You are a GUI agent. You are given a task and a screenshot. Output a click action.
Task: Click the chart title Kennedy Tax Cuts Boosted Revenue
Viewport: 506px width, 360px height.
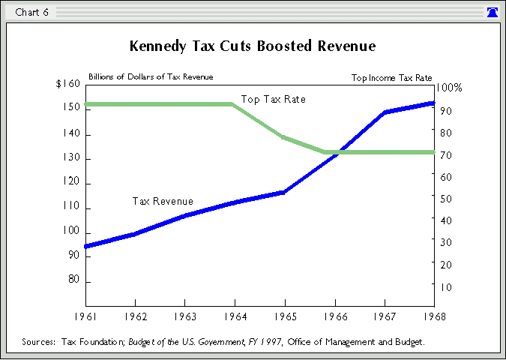pos(253,46)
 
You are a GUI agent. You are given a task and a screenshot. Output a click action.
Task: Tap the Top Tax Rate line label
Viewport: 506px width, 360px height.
pos(273,99)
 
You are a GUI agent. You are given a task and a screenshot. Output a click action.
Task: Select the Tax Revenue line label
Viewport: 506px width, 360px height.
pos(163,201)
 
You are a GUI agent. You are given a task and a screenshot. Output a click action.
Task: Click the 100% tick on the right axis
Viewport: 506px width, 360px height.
pos(449,88)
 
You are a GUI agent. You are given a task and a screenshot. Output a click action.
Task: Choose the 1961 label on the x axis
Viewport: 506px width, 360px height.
pos(85,315)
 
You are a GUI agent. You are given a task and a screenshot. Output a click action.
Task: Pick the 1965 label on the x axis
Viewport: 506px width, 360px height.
pos(285,315)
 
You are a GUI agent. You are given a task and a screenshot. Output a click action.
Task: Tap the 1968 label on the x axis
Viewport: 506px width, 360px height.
pos(434,315)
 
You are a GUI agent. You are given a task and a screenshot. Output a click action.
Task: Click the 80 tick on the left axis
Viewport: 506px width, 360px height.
pos(73,280)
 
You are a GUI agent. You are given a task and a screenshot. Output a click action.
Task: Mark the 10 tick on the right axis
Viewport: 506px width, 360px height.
pos(445,286)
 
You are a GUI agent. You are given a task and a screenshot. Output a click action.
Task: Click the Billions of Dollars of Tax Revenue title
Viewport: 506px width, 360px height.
pos(151,76)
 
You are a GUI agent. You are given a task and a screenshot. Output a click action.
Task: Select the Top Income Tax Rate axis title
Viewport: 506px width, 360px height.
pos(391,77)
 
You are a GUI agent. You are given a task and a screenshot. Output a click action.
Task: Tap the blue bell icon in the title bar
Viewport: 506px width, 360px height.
pos(493,12)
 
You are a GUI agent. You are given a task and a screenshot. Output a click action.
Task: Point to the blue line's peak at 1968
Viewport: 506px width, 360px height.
pos(434,103)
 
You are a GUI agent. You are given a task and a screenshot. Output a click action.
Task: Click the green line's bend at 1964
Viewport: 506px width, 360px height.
pos(232,104)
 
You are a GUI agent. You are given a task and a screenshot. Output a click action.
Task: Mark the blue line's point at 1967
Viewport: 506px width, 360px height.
pos(385,112)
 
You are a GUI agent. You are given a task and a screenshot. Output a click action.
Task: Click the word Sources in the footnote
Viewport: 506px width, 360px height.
pos(40,341)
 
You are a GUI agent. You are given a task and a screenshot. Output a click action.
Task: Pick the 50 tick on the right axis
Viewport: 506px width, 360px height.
pos(445,199)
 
